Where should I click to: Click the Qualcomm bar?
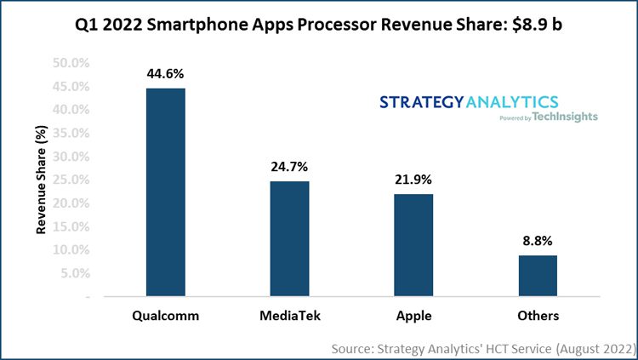[166, 192]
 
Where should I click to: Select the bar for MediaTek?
[290, 239]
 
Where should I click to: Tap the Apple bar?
[414, 245]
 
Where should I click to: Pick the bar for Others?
[538, 276]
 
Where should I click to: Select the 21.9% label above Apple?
[414, 180]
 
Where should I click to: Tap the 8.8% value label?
[538, 241]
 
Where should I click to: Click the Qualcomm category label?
[166, 316]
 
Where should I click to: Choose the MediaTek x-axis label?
[290, 316]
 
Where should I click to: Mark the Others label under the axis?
[538, 316]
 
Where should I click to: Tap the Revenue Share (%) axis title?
[41, 180]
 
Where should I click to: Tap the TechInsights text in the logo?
[566, 117]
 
